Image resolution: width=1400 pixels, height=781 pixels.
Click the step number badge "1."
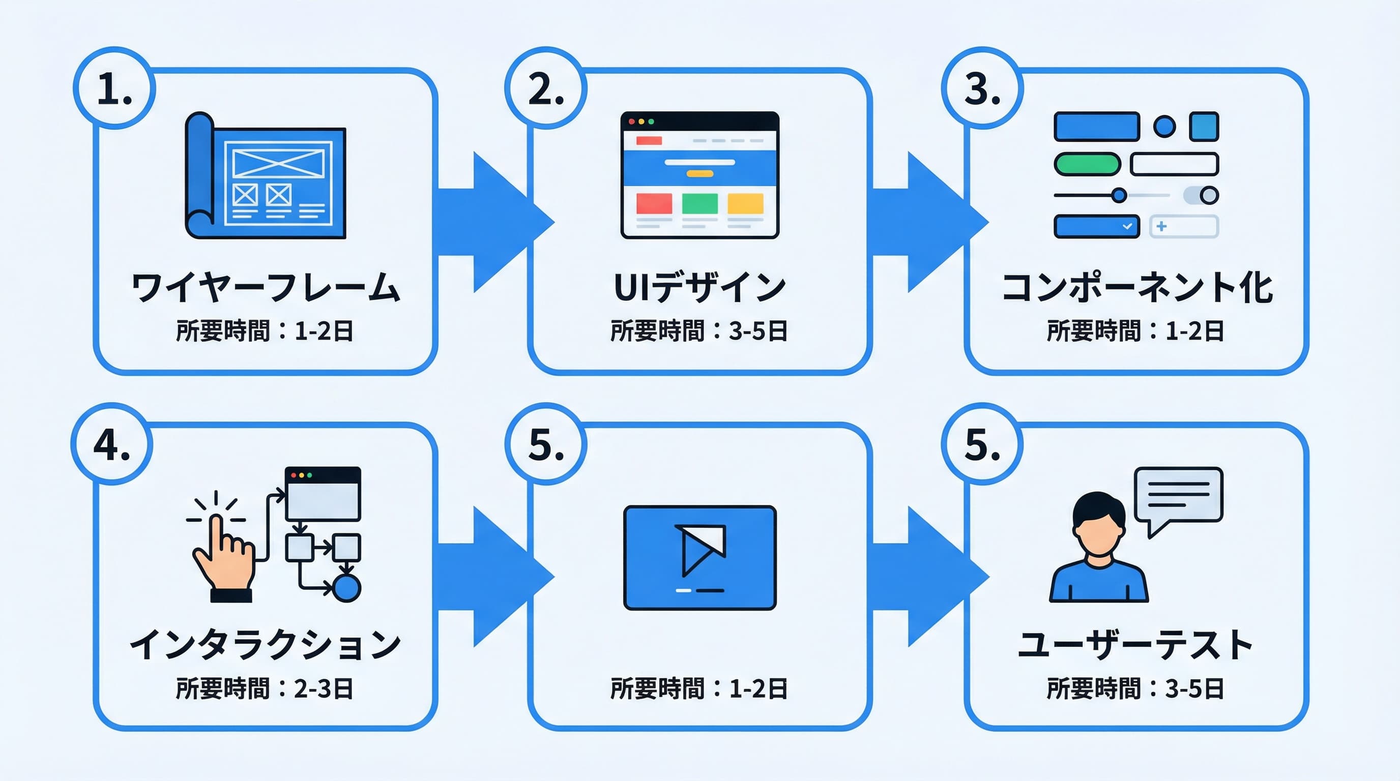(x=114, y=88)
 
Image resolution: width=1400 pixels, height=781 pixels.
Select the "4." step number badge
(x=112, y=444)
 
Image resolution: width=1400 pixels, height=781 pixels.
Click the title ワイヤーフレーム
(x=266, y=287)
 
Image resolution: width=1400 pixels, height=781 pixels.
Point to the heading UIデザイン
(x=700, y=287)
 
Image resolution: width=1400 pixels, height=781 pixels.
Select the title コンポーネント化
(x=1137, y=287)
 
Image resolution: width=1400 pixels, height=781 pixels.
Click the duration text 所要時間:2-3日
(x=265, y=688)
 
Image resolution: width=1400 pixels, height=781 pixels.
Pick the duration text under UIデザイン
(x=699, y=331)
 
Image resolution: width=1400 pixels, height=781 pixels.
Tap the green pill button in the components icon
(x=1087, y=164)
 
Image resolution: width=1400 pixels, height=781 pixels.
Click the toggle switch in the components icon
(x=1201, y=195)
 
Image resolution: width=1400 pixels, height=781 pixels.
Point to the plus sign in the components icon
(x=1161, y=226)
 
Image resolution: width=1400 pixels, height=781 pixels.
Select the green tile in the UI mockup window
(x=699, y=204)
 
